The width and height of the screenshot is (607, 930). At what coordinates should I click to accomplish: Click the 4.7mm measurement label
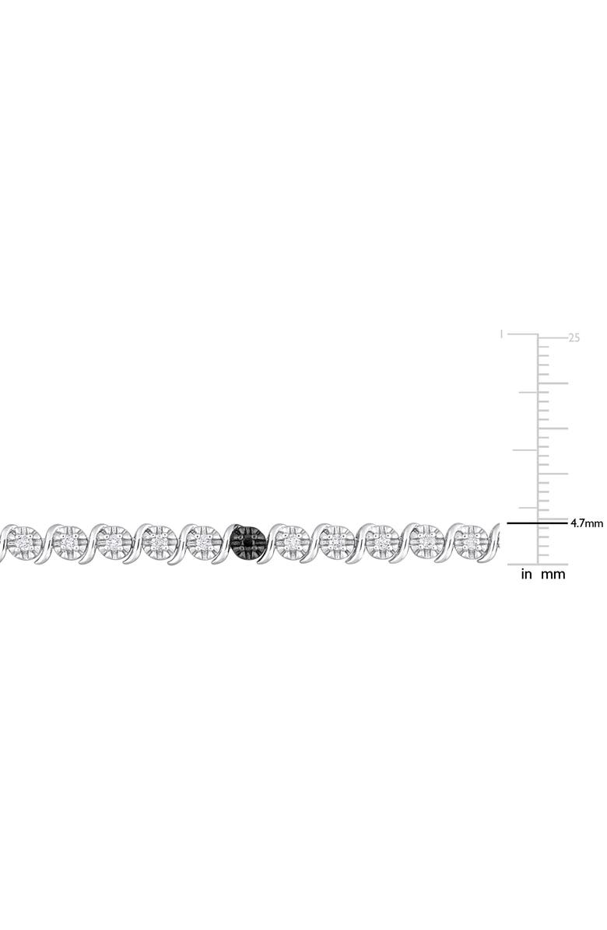coord(586,523)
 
